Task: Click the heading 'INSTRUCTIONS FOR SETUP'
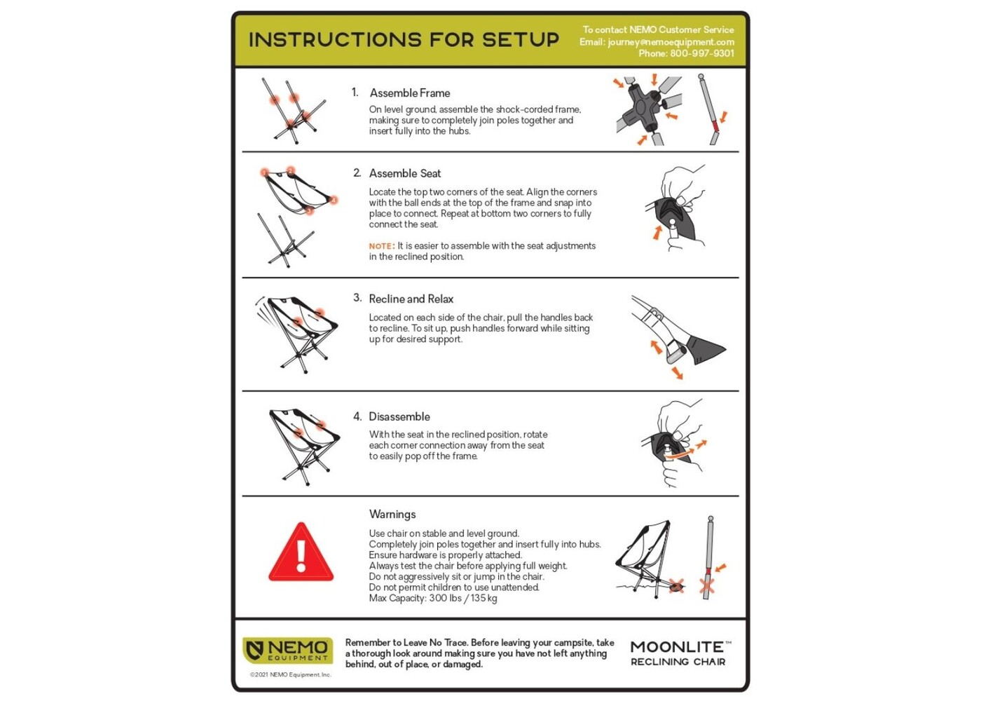(x=404, y=40)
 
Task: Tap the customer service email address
(x=671, y=42)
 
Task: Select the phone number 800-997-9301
(x=702, y=53)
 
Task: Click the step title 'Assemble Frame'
(x=410, y=93)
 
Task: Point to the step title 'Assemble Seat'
(x=405, y=174)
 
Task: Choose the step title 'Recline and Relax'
(x=411, y=299)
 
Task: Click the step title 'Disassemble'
(x=399, y=416)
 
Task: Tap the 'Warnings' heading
(x=392, y=515)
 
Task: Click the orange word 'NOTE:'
(x=382, y=246)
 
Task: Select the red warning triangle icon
(x=301, y=552)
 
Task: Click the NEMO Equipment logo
(x=288, y=651)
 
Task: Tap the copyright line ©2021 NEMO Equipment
(x=291, y=674)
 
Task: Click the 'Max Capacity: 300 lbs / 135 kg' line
(x=433, y=599)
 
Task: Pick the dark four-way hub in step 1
(x=641, y=107)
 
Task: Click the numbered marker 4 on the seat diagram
(x=333, y=200)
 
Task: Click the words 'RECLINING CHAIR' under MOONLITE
(x=678, y=662)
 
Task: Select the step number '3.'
(x=357, y=298)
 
